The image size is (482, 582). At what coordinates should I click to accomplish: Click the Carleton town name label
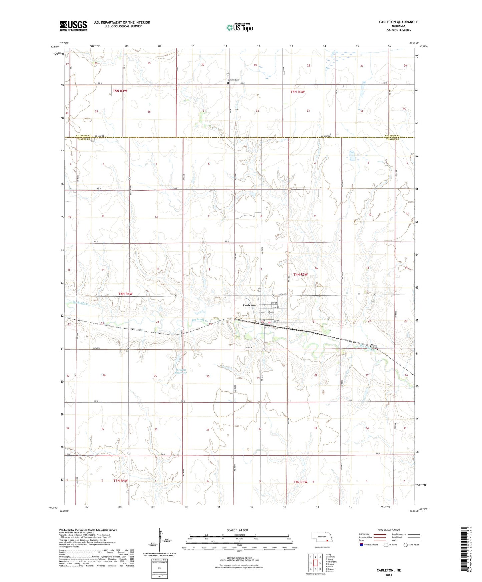pyautogui.click(x=249, y=305)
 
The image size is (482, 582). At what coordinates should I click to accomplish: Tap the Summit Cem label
pyautogui.click(x=233, y=80)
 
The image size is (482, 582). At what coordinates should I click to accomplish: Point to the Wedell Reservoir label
pyautogui.click(x=181, y=371)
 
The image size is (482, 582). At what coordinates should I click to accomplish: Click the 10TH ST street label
pyautogui.click(x=282, y=295)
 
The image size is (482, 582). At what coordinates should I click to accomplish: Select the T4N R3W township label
pyautogui.click(x=300, y=274)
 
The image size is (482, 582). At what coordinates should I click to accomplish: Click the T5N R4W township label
pyautogui.click(x=120, y=91)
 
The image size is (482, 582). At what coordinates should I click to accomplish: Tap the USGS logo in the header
pyautogui.click(x=73, y=26)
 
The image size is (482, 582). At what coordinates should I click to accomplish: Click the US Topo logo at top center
pyautogui.click(x=239, y=27)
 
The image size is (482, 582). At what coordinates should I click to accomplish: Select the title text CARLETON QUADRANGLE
pyautogui.click(x=398, y=22)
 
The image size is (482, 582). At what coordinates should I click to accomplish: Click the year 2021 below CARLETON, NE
pyautogui.click(x=389, y=575)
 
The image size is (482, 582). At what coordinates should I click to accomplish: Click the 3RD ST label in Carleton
pyautogui.click(x=276, y=321)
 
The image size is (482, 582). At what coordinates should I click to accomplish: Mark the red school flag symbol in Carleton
pyautogui.click(x=269, y=322)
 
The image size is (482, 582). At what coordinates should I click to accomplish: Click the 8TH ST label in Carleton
pyautogui.click(x=275, y=303)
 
